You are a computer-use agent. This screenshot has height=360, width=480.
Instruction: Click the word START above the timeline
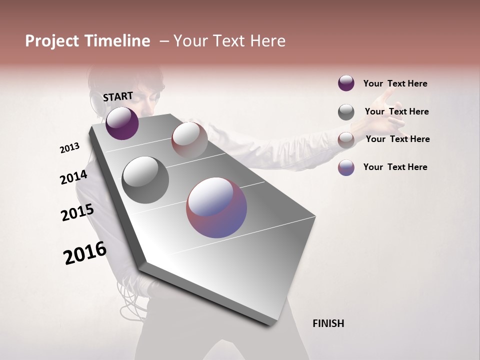[x=118, y=96]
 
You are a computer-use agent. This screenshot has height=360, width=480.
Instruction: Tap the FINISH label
[x=328, y=323]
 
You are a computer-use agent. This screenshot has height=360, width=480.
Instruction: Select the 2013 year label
[x=70, y=148]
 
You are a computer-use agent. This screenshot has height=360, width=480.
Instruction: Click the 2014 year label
[x=73, y=177]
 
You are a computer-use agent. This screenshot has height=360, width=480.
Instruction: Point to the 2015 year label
[x=77, y=212]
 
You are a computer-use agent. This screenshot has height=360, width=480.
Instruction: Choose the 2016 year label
[x=85, y=253]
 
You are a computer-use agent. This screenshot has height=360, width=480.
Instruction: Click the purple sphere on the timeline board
[x=122, y=123]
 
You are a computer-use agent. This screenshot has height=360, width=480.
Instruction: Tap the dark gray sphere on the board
[x=145, y=180]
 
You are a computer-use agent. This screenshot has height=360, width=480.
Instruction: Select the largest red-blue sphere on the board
[x=216, y=207]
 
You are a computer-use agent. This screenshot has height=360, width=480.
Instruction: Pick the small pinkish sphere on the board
[x=189, y=140]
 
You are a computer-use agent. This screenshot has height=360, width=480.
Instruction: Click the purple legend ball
[x=346, y=83]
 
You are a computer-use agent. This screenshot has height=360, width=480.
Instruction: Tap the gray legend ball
[x=346, y=112]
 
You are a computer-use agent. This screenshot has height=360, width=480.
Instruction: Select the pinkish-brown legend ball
[x=346, y=140]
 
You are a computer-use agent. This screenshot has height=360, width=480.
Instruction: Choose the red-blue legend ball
[x=346, y=167]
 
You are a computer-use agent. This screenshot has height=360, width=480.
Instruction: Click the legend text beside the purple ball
[x=395, y=83]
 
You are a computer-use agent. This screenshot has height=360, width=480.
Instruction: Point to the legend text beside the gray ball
[x=396, y=111]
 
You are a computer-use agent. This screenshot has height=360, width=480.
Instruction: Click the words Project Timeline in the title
[x=87, y=41]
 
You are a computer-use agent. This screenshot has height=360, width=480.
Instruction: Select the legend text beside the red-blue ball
[x=395, y=167]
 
